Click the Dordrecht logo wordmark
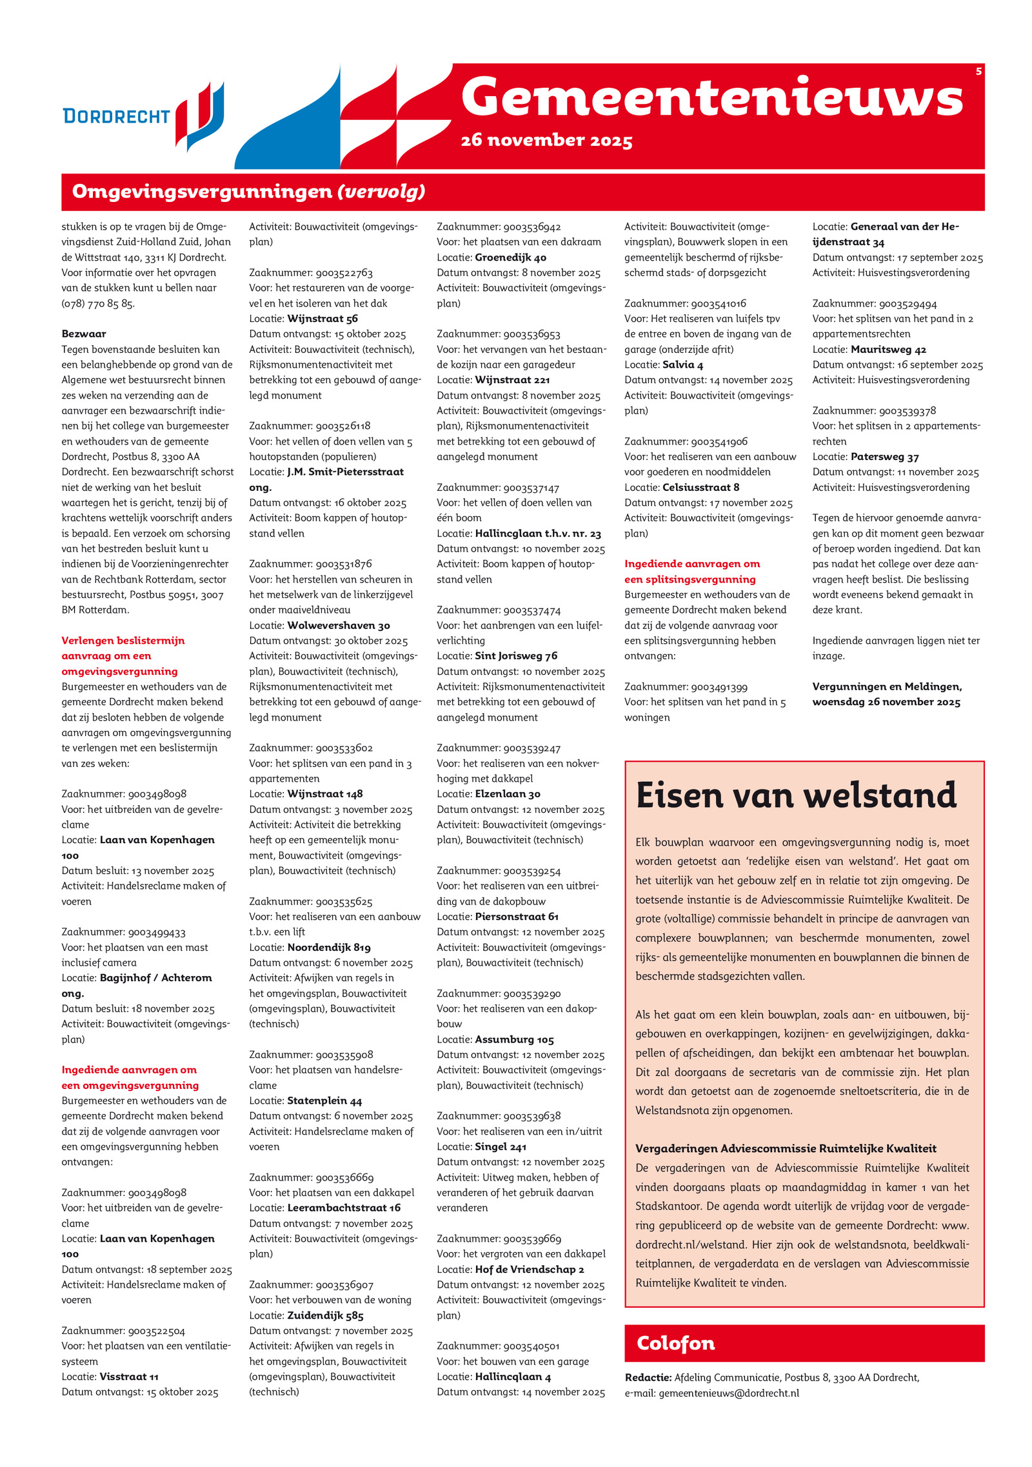click(116, 116)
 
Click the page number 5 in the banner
click(978, 72)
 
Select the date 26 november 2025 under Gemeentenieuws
click(546, 141)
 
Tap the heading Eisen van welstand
click(796, 795)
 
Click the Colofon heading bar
click(804, 1343)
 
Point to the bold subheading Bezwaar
click(84, 334)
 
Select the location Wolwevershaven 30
click(339, 625)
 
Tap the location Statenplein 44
click(324, 1101)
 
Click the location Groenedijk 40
click(511, 257)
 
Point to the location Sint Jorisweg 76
click(516, 655)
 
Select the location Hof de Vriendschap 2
click(530, 1269)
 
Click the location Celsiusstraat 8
click(701, 487)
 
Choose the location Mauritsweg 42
click(888, 350)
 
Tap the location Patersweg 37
click(885, 457)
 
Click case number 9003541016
click(719, 303)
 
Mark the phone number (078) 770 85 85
click(98, 303)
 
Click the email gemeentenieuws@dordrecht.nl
click(728, 1393)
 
